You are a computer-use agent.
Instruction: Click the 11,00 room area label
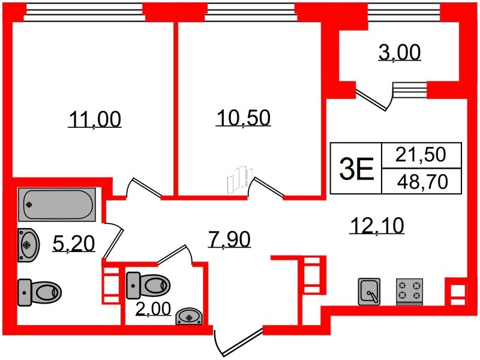point(94,119)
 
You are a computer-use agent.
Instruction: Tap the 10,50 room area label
point(243,118)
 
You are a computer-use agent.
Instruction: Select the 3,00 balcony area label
point(399,53)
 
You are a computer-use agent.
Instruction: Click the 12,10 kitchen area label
point(376,225)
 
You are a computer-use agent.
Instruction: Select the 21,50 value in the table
point(421,155)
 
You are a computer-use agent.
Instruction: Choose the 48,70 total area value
point(421,181)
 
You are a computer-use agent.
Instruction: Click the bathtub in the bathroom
point(56,205)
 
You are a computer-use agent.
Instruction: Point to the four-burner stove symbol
point(409,292)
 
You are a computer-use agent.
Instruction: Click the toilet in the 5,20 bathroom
point(40,292)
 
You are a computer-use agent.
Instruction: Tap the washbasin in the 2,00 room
point(190,316)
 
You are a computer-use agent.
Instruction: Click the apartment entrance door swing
point(237,341)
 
